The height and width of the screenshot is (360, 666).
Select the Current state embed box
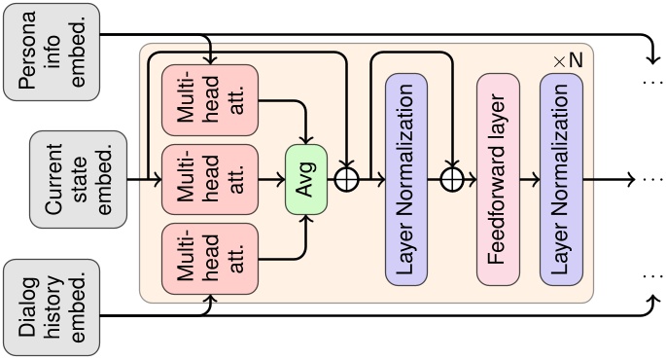[90, 180]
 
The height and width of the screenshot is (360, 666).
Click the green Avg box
[305, 180]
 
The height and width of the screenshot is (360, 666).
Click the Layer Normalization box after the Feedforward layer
[562, 180]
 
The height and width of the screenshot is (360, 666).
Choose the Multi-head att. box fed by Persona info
[209, 100]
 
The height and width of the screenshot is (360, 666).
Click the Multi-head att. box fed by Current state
[209, 180]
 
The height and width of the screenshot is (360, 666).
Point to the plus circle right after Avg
[346, 180]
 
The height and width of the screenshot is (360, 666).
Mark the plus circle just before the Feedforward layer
[450, 180]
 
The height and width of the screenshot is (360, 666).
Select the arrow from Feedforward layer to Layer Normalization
[530, 180]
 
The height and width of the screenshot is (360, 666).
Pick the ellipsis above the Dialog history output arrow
[650, 276]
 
